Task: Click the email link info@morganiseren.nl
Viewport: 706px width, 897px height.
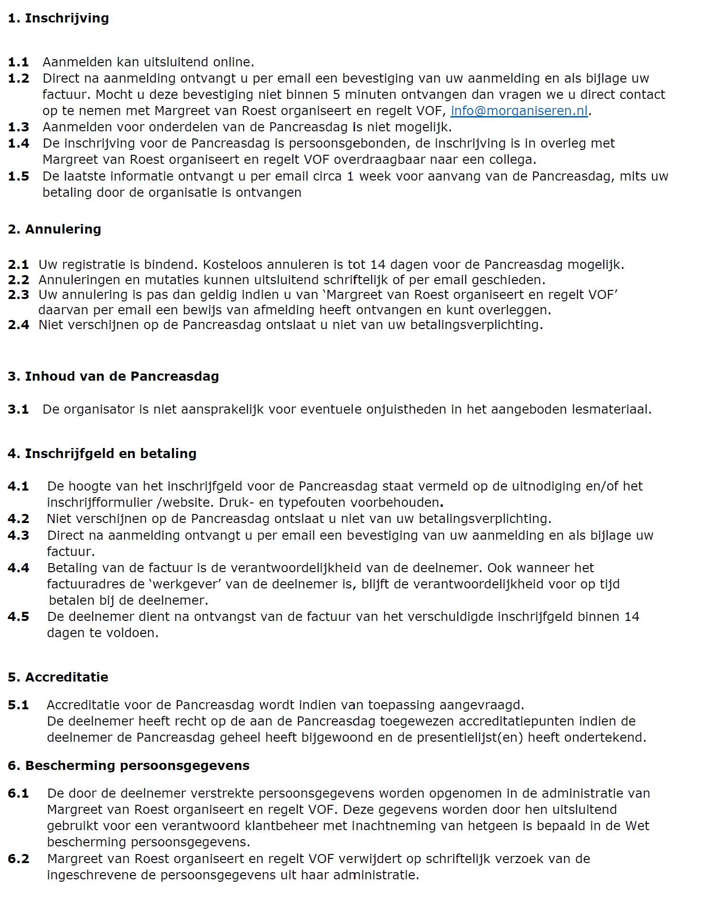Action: tap(519, 111)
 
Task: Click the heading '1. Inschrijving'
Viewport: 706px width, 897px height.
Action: tap(58, 18)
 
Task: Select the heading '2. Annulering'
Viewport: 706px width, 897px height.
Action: tap(54, 229)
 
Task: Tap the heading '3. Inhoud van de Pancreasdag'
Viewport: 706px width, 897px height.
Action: tap(113, 376)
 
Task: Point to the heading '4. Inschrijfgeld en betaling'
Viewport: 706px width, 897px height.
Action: tap(102, 454)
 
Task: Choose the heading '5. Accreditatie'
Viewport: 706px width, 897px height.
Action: tap(58, 677)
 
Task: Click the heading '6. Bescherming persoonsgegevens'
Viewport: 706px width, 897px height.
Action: tap(128, 766)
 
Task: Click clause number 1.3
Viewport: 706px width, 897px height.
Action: tap(18, 127)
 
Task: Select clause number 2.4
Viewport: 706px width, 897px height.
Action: tap(18, 325)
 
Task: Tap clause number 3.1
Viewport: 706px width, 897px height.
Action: tap(18, 409)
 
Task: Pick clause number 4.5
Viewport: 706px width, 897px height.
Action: tap(18, 617)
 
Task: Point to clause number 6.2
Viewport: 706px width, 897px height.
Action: tap(18, 859)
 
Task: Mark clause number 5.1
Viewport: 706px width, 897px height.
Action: tap(18, 705)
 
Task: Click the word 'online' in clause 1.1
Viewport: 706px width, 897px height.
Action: tap(231, 62)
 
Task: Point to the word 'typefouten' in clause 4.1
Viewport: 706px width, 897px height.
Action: tap(312, 502)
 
